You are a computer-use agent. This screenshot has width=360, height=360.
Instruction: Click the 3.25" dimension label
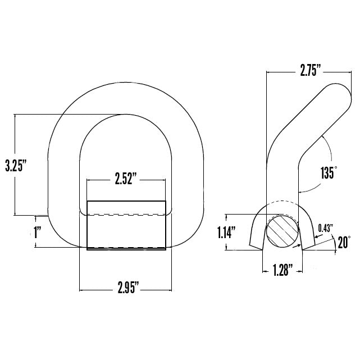click(x=15, y=165)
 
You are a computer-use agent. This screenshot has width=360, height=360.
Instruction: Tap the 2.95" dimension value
click(x=129, y=290)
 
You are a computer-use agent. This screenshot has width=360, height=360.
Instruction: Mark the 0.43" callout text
click(x=325, y=227)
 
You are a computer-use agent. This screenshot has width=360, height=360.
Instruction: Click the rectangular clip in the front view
click(x=126, y=225)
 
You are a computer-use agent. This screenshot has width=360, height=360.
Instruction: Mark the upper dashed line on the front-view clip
click(x=126, y=215)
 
